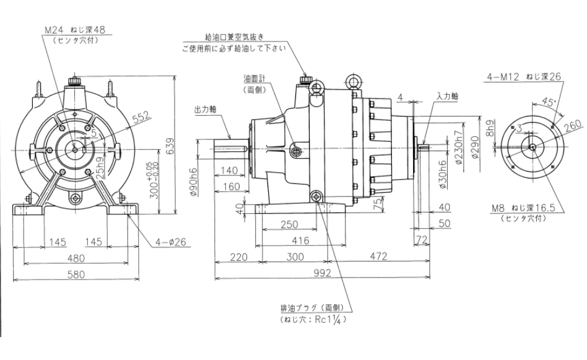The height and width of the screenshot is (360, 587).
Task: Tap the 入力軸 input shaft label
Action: pyautogui.click(x=446, y=97)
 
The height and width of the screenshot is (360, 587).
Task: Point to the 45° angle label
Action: pyautogui.click(x=547, y=102)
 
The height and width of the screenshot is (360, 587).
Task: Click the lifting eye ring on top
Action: pyautogui.click(x=355, y=80)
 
